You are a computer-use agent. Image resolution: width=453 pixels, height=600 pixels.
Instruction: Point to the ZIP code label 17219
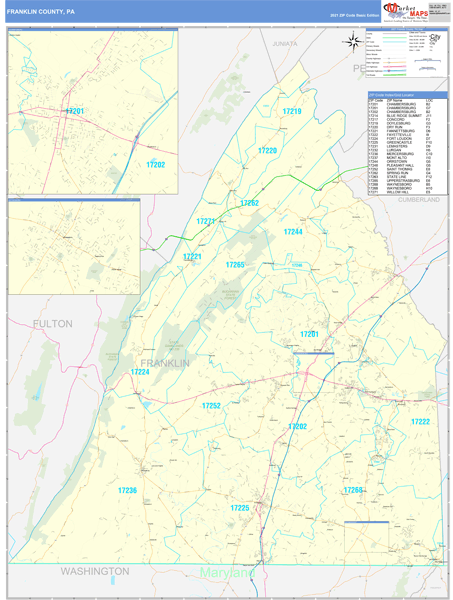(x=291, y=111)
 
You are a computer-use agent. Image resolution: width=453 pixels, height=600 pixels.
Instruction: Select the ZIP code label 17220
(x=267, y=150)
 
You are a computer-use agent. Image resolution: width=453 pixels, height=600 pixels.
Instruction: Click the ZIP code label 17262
(x=249, y=203)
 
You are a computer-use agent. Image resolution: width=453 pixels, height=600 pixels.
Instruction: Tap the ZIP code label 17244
(x=292, y=231)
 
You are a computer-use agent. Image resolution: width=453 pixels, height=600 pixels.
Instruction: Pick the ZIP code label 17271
(x=206, y=221)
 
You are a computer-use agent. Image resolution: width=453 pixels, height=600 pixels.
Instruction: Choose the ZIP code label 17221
(x=193, y=257)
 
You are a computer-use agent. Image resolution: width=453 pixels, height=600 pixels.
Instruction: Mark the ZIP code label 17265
(x=235, y=264)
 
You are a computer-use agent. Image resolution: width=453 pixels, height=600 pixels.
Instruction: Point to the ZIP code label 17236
(x=127, y=490)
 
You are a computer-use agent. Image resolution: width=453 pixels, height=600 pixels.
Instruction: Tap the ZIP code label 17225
(x=240, y=508)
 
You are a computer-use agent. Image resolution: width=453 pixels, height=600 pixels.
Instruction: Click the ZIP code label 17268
(x=353, y=490)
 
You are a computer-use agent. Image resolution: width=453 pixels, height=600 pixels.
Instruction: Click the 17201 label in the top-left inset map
(x=75, y=111)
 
